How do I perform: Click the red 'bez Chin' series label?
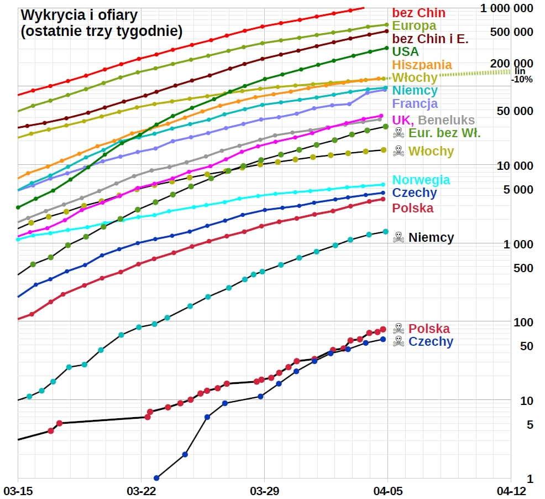[x=418, y=13]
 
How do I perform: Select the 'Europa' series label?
[x=414, y=25]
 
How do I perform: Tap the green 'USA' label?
[x=405, y=51]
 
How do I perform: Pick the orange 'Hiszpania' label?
[x=422, y=65]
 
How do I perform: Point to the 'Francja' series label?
[x=415, y=103]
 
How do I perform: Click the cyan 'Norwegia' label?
[x=421, y=180]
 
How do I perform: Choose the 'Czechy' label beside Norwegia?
[x=414, y=193]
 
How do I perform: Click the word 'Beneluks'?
[x=447, y=120]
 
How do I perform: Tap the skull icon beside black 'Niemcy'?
[x=398, y=238]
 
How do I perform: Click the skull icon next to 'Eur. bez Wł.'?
[x=398, y=133]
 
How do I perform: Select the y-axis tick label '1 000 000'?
[x=507, y=8]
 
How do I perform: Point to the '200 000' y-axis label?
[x=511, y=63]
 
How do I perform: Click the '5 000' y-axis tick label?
[x=518, y=190]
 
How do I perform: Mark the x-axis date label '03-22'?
[x=141, y=491]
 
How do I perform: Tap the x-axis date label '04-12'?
[x=510, y=491]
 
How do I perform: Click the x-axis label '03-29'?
[x=264, y=491]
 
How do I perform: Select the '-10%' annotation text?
[x=522, y=79]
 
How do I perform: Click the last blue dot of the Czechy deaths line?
[x=382, y=340]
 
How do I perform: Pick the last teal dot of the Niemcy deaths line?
[x=385, y=232]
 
